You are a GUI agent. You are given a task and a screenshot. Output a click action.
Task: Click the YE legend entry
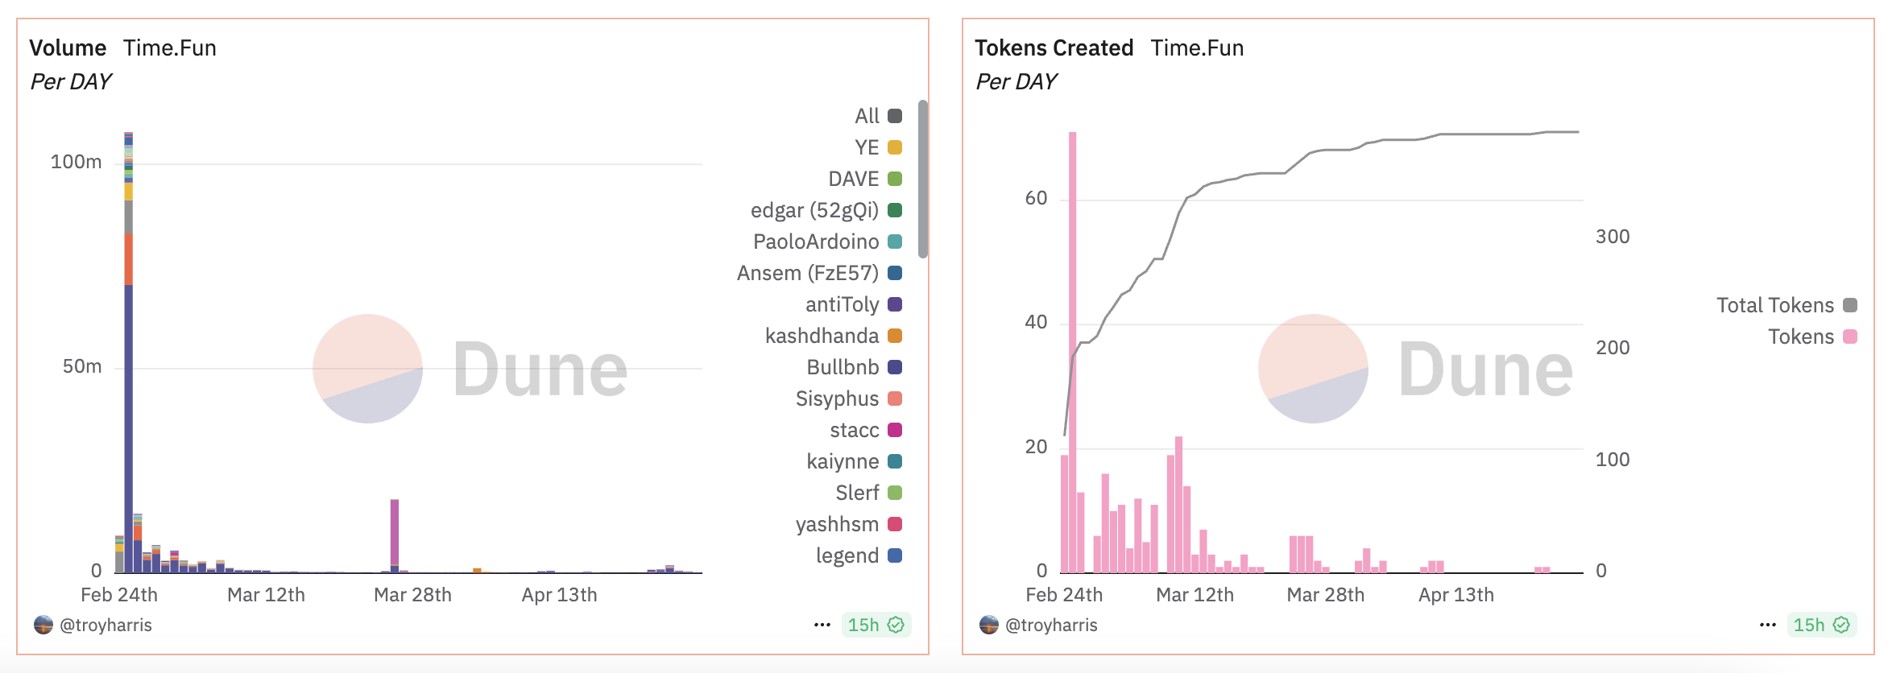[877, 147]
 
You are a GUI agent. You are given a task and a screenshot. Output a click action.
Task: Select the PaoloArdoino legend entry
[826, 242]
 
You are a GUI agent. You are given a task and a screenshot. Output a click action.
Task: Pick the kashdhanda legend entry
[832, 336]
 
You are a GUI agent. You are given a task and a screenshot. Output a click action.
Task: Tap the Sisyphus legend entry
[847, 398]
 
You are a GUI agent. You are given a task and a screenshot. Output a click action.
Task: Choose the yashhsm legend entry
[847, 524]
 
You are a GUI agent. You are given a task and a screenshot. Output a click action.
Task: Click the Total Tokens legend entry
[1785, 305]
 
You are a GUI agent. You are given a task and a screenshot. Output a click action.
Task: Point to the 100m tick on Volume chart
[77, 162]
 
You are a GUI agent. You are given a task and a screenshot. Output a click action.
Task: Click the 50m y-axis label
[82, 366]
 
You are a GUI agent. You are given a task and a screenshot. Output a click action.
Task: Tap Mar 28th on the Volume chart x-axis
[412, 595]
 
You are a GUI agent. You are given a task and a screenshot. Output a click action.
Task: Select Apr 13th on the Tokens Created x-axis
[1455, 595]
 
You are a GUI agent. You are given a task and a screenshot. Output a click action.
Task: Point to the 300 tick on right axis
[1612, 237]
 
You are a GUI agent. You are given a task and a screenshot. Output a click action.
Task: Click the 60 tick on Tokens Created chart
[1036, 199]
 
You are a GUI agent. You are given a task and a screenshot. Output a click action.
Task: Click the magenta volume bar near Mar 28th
[395, 531]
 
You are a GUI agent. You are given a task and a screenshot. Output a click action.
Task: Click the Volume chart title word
[68, 48]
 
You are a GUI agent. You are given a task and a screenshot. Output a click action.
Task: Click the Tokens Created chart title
[1054, 48]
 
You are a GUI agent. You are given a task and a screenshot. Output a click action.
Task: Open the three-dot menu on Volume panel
[822, 625]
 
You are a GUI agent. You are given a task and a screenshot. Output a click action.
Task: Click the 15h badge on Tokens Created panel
[1820, 625]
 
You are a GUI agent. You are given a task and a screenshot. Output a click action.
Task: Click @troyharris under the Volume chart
[105, 625]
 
